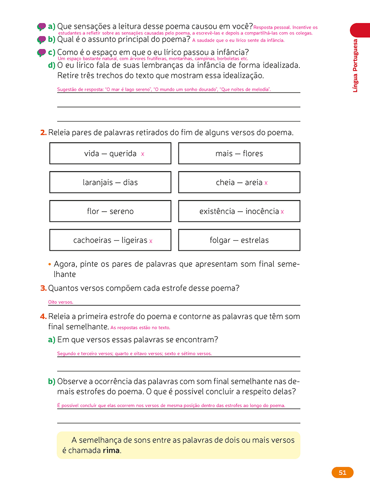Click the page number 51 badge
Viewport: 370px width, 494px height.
pos(342,473)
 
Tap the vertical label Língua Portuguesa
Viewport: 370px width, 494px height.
pos(356,65)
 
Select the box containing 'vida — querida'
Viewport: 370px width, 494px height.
pos(110,154)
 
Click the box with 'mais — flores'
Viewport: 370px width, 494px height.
pos(239,154)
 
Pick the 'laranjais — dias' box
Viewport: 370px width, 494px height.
pos(110,182)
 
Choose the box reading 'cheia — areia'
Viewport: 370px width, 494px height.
pos(239,182)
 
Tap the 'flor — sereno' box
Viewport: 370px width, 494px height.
pos(110,211)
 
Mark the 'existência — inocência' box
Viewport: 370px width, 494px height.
pos(239,211)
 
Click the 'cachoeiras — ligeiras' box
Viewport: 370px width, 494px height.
pos(110,240)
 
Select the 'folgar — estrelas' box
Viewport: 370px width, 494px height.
pos(239,240)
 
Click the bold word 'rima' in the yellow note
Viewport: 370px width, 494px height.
pos(111,450)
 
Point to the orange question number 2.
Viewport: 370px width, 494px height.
pos(43,133)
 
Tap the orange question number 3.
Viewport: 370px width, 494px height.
pos(43,289)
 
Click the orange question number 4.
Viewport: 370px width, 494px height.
pos(43,317)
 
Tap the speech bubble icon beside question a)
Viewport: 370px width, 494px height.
pos(42,27)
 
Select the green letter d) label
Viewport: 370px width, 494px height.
pos(52,65)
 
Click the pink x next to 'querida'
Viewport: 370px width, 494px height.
pos(143,154)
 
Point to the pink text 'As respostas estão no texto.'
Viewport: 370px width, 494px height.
pos(140,328)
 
